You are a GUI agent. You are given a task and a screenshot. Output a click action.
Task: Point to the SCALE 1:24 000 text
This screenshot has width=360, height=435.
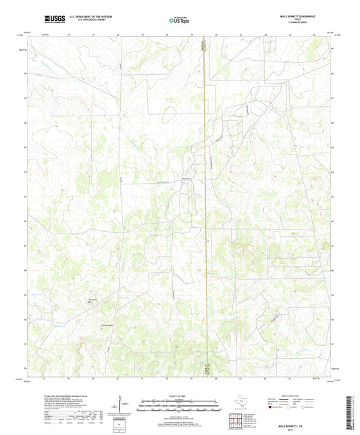pyautogui.click(x=179, y=396)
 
